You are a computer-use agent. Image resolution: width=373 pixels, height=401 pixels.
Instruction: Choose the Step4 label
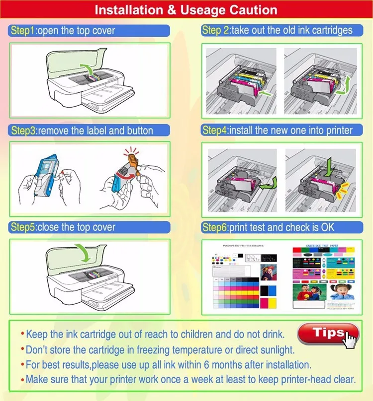214,131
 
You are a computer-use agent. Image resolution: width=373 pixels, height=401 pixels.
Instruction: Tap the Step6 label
214,228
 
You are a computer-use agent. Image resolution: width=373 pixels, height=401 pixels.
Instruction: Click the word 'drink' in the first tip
273,334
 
